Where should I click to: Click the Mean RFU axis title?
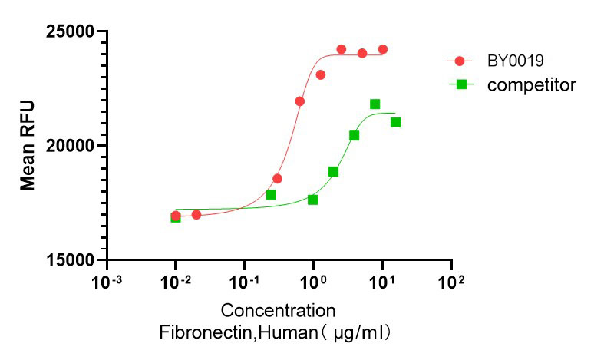(x=28, y=145)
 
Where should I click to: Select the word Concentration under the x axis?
(x=278, y=311)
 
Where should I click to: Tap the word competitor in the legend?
(x=531, y=84)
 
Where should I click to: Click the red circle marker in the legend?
(x=460, y=61)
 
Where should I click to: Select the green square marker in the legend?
(x=461, y=84)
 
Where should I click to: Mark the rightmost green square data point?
(x=395, y=122)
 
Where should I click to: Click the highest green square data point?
(x=375, y=104)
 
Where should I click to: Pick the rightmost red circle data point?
(x=383, y=49)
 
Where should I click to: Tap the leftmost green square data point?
(x=176, y=217)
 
